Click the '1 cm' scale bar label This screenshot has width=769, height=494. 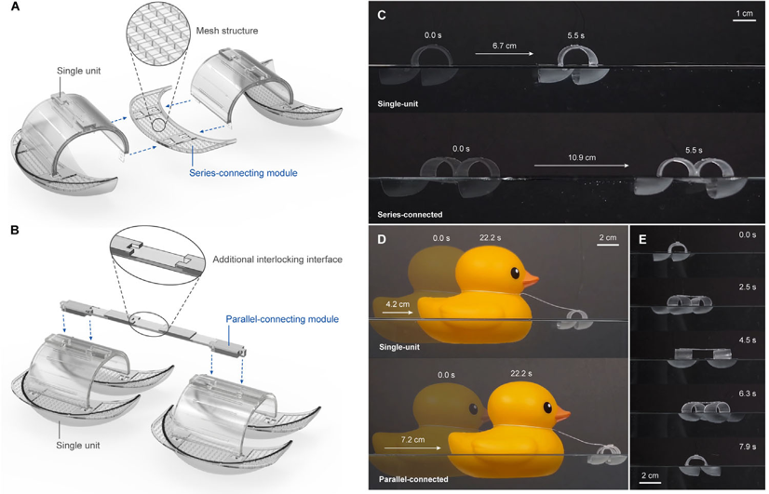tap(744, 14)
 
